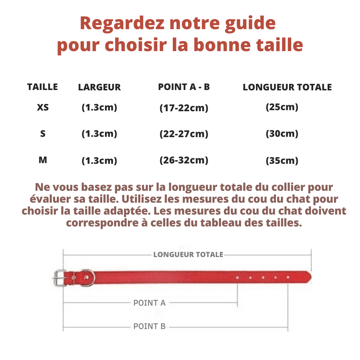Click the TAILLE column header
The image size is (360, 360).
42,87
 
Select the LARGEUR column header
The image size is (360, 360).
99,87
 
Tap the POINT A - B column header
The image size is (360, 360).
184,87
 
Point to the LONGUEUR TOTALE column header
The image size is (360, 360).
287,87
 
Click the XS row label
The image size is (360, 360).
43,107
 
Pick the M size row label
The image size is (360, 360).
43,160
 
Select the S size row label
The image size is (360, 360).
43,134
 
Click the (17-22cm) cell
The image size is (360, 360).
184,108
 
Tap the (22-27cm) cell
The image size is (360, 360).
184,134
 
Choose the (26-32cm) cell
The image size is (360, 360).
184,160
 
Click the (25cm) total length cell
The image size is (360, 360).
282,107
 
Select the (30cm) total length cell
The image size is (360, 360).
282,134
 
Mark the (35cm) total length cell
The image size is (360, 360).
282,161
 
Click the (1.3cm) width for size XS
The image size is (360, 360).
99,107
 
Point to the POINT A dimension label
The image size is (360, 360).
149,303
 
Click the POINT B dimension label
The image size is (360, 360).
149,327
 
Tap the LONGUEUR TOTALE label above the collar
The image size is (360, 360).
188,255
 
